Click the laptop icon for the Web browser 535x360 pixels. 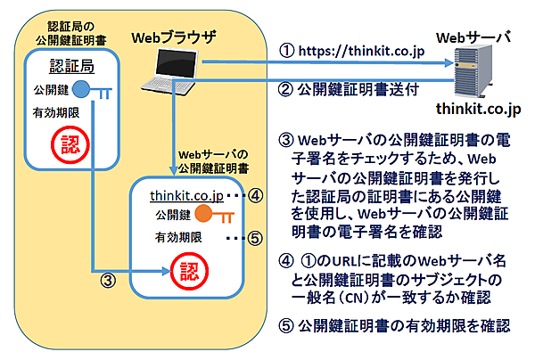(172, 70)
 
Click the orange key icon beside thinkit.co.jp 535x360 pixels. (206, 214)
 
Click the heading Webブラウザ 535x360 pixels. (173, 37)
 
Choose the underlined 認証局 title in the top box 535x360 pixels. (69, 67)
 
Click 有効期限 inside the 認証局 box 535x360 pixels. (54, 112)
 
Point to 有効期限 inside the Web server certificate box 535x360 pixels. (177, 238)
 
